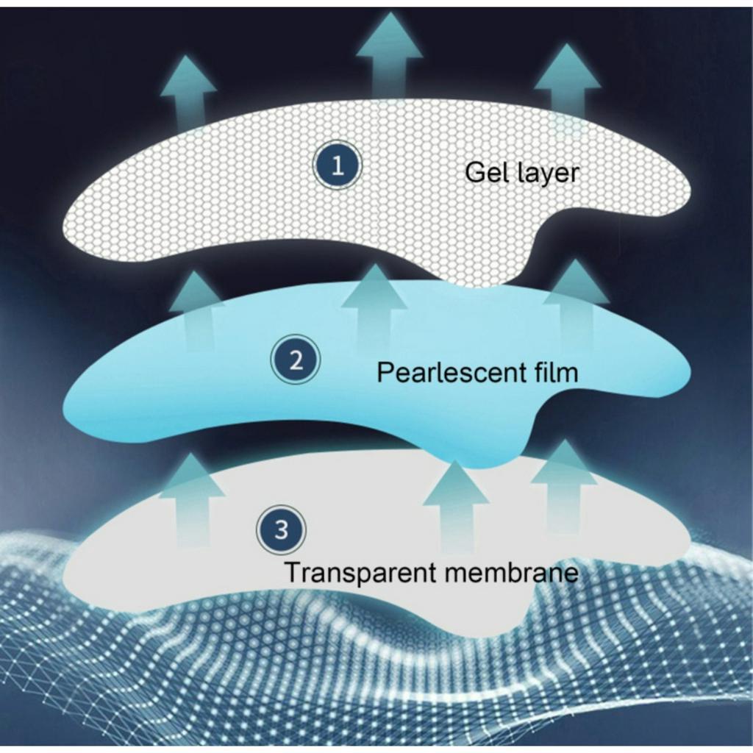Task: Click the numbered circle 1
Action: tap(338, 166)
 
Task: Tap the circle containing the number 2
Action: tap(296, 361)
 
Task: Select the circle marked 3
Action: tap(281, 529)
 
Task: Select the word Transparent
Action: tap(349, 572)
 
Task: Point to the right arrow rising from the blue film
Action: tap(576, 301)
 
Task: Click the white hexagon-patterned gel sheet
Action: tap(221, 206)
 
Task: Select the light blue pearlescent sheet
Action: tap(184, 397)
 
